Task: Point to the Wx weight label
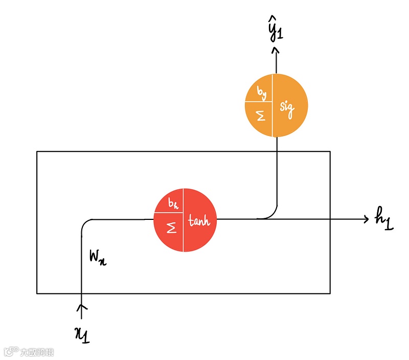click(x=98, y=258)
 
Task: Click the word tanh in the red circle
click(x=199, y=221)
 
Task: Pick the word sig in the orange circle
click(x=288, y=109)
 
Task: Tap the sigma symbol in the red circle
click(x=172, y=228)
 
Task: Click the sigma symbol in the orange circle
click(x=261, y=117)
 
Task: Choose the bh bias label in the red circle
click(x=173, y=205)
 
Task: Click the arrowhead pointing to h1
click(x=366, y=219)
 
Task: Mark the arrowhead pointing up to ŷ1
click(x=275, y=50)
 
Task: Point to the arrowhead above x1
click(x=81, y=307)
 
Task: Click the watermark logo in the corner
click(x=11, y=352)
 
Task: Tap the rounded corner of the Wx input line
click(x=85, y=223)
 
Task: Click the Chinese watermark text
click(x=37, y=352)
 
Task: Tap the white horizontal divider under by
click(x=258, y=101)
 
